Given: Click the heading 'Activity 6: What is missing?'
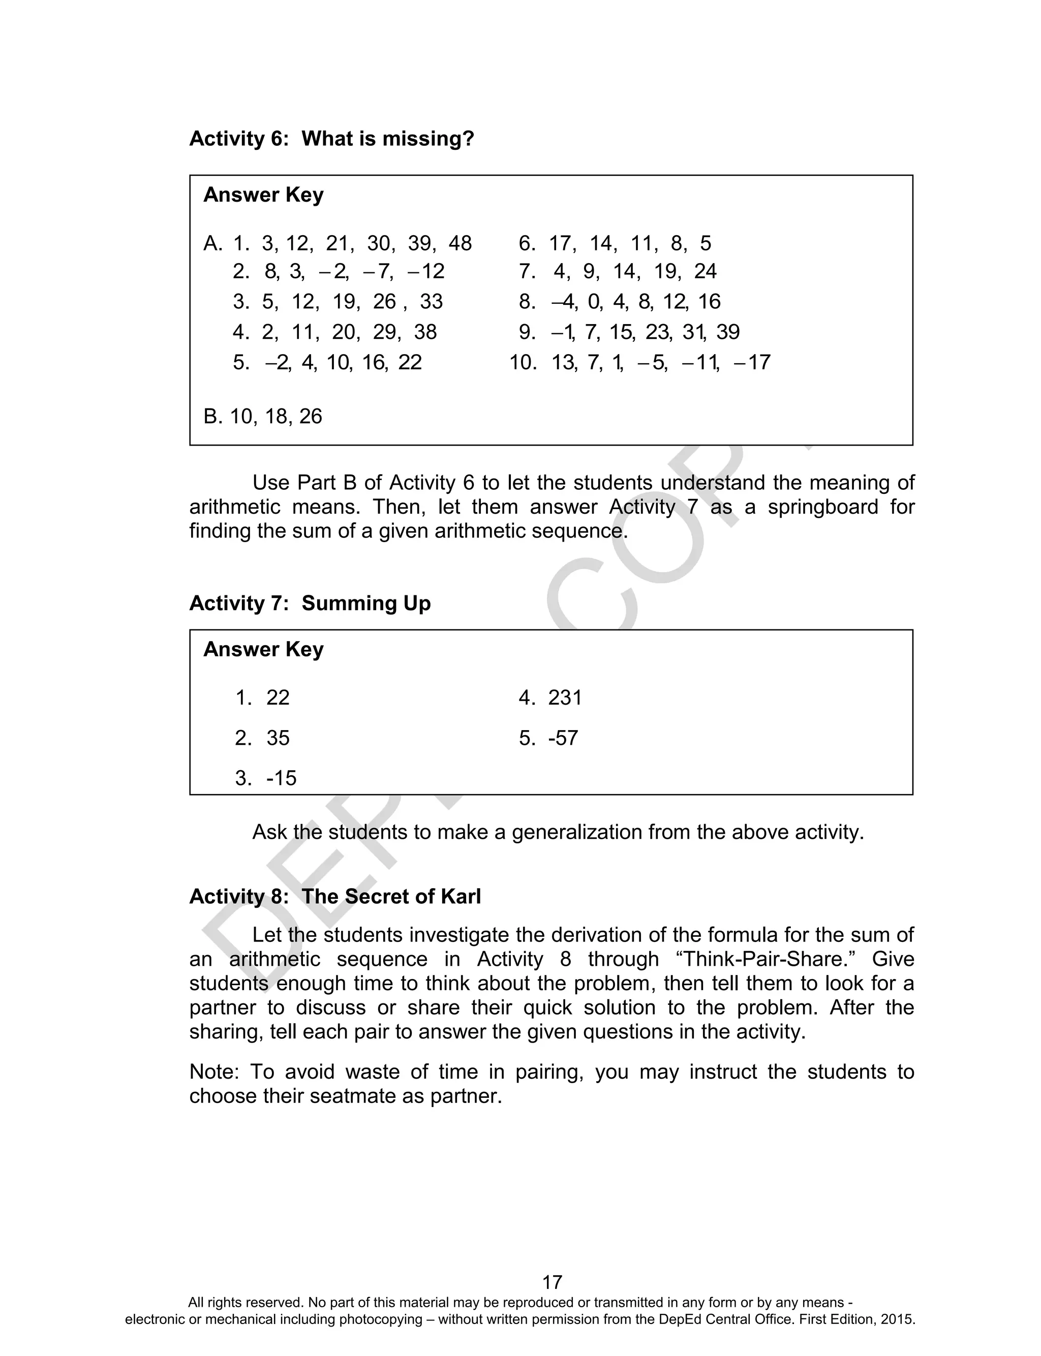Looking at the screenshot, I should pyautogui.click(x=331, y=139).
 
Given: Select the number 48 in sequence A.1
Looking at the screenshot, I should pyautogui.click(x=460, y=243).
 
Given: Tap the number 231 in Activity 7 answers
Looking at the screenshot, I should pyautogui.click(x=565, y=698).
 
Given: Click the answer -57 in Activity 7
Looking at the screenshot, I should pyautogui.click(x=563, y=738).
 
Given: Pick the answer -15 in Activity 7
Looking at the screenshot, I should pyautogui.click(x=281, y=778).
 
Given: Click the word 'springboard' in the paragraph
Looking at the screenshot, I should pyautogui.click(x=823, y=507).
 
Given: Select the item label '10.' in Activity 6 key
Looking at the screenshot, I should pyautogui.click(x=523, y=362).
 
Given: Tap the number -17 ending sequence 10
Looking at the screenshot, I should pyautogui.click(x=752, y=362).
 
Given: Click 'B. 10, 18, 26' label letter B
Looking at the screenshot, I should pyautogui.click(x=211, y=416).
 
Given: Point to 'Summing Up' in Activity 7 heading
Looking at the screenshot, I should pyautogui.click(x=365, y=603).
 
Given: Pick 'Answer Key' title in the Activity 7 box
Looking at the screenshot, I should pyautogui.click(x=263, y=649).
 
